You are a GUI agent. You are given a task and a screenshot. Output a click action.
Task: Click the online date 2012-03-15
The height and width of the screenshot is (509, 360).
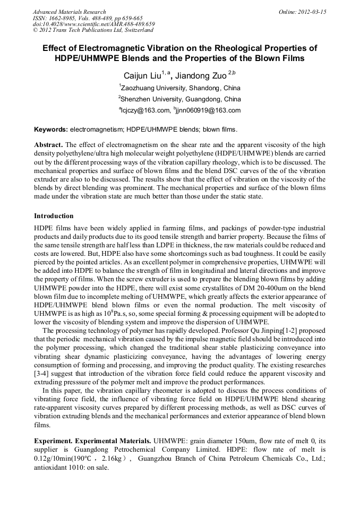click(312, 12)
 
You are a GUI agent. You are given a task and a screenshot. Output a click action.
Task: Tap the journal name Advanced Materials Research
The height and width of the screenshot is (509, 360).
click(69, 12)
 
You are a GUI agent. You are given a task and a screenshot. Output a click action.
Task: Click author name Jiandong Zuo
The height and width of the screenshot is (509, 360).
click(203, 75)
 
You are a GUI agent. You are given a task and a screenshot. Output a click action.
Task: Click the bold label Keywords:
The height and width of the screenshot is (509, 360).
click(50, 130)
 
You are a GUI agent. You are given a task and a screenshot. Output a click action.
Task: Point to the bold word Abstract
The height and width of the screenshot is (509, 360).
click(48, 145)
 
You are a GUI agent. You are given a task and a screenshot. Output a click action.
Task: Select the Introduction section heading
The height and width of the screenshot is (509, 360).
click(54, 216)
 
